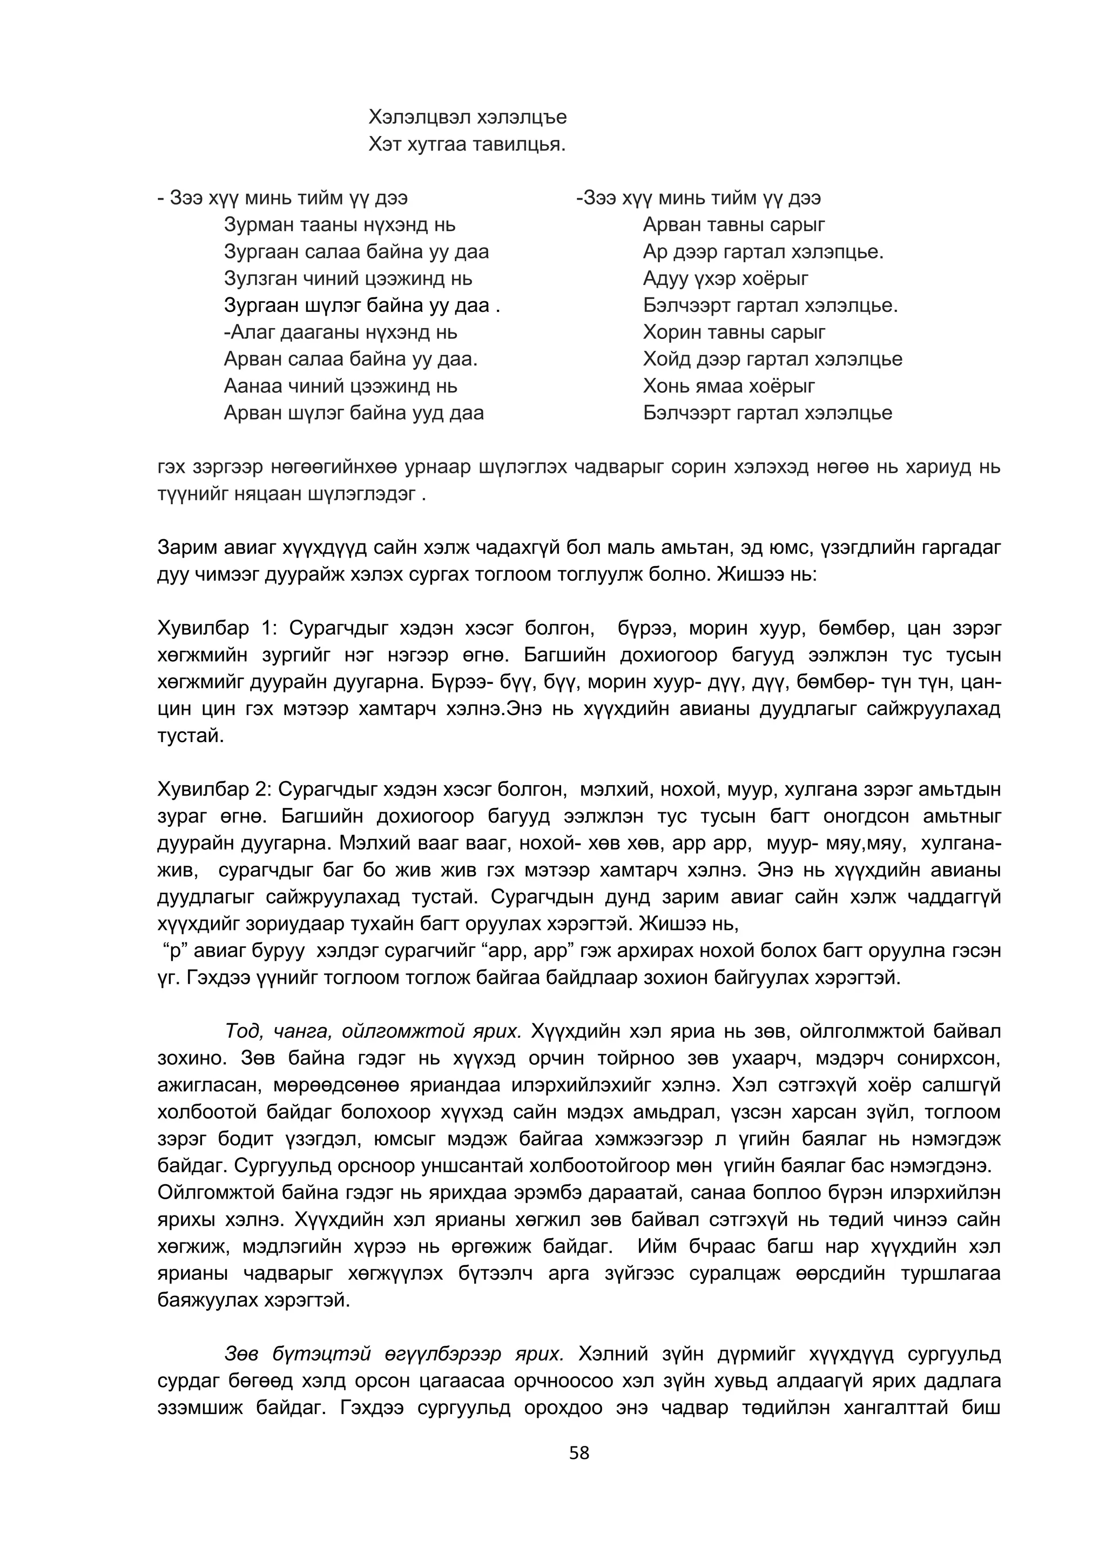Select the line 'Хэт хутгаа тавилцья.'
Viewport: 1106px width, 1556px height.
[x=467, y=145]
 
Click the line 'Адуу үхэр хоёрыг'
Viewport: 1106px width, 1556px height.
[x=725, y=278]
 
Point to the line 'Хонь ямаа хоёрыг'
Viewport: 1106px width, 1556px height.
[x=729, y=386]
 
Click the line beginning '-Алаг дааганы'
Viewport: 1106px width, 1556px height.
[x=341, y=332]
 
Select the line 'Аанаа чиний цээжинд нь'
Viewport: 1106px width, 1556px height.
[x=341, y=386]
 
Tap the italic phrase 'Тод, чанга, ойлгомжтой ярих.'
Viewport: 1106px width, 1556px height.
[x=373, y=1032]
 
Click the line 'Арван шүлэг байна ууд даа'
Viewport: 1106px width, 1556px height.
[x=354, y=413]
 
